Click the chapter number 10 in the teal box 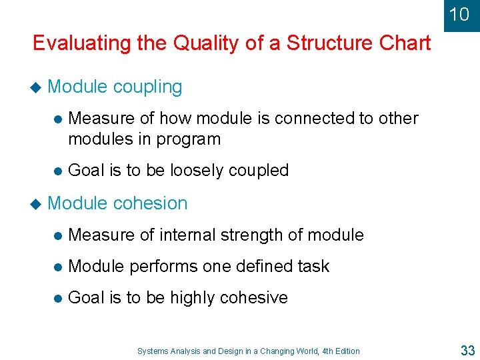point(459,14)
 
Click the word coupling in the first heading point(147,87)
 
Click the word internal point(179,235)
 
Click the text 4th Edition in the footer point(339,351)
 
